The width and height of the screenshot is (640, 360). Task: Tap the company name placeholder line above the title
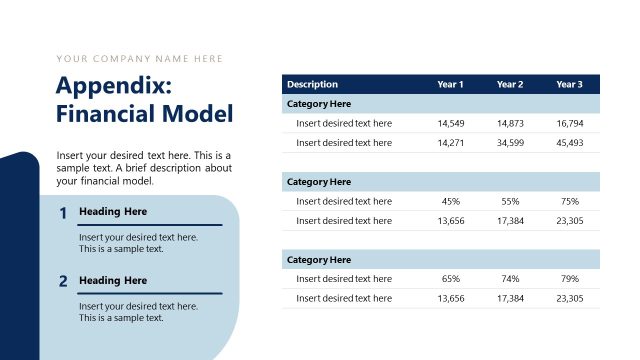(x=140, y=58)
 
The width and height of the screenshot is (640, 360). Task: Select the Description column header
(x=312, y=84)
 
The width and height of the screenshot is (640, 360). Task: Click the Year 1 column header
(x=450, y=84)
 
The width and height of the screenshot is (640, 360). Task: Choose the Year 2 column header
(x=510, y=84)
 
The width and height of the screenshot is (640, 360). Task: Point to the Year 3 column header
(x=570, y=84)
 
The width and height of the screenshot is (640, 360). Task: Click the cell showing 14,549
(x=450, y=123)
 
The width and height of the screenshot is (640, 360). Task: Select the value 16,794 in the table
(x=570, y=123)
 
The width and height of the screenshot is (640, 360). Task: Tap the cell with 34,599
(x=510, y=142)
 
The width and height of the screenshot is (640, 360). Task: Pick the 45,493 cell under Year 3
(x=570, y=142)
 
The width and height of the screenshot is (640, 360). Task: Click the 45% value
(x=450, y=201)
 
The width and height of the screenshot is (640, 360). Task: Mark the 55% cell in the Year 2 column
(x=510, y=201)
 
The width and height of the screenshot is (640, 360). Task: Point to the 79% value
(x=570, y=279)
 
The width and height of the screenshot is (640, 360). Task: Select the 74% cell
(x=510, y=279)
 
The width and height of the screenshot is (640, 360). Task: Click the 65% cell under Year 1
(x=450, y=279)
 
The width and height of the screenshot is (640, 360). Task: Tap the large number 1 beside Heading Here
(x=63, y=213)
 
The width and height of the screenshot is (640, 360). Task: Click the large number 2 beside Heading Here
(x=63, y=282)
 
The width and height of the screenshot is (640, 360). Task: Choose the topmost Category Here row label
(x=319, y=104)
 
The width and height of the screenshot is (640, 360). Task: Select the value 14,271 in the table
(x=450, y=142)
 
